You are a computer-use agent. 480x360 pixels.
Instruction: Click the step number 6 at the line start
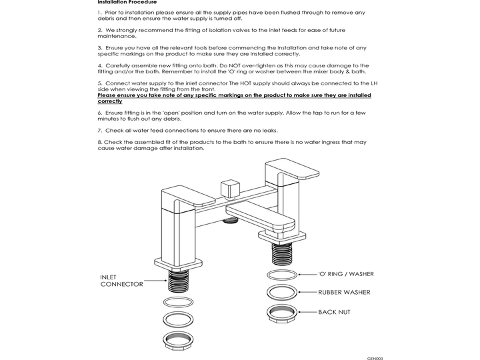pos(99,113)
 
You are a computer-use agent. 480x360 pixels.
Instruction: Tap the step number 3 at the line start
pos(99,48)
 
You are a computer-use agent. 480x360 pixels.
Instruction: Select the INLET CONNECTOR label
pos(121,281)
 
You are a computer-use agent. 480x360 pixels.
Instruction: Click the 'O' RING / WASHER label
pos(345,274)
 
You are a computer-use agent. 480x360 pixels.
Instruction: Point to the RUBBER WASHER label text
pos(343,292)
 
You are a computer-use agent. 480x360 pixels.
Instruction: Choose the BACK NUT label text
pos(333,312)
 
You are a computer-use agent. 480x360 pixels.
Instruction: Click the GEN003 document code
pos(375,358)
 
